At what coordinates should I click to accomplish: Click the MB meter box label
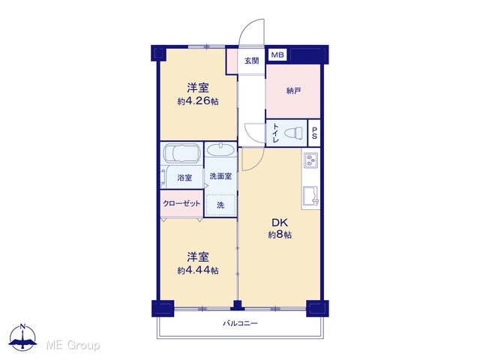277,55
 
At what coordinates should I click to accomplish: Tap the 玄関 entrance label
252,61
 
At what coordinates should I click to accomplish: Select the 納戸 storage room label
293,91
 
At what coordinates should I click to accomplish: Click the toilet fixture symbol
293,133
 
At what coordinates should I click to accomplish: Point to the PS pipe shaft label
314,133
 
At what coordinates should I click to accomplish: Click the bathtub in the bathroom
181,153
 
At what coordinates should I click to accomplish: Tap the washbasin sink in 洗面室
220,150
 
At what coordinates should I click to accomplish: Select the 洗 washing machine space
220,205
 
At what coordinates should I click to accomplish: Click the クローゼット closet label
181,203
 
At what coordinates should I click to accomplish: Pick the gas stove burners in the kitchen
311,160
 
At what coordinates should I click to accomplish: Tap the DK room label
280,223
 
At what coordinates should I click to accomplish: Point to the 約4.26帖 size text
198,101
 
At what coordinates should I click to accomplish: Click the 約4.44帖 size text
198,271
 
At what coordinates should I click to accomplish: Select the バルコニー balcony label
240,323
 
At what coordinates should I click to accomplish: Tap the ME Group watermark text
73,346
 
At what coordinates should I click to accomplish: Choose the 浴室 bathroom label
184,178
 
